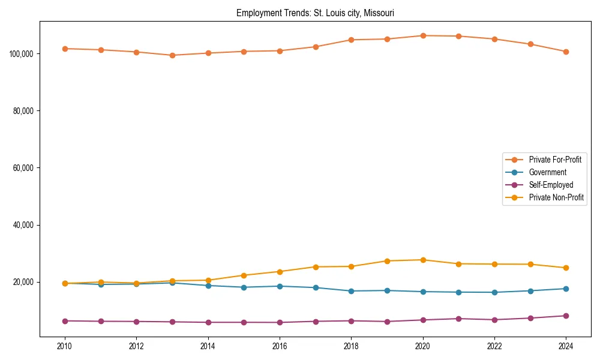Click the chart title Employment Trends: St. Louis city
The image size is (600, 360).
pyautogui.click(x=315, y=13)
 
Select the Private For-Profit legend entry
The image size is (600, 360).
pyautogui.click(x=555, y=160)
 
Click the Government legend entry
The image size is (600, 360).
pyautogui.click(x=547, y=172)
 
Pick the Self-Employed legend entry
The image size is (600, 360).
pyautogui.click(x=551, y=185)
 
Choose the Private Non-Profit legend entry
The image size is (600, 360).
pyautogui.click(x=556, y=197)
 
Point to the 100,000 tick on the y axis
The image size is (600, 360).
pyautogui.click(x=22, y=54)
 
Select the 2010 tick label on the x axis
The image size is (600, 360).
pyautogui.click(x=65, y=346)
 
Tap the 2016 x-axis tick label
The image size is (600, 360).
pyautogui.click(x=280, y=346)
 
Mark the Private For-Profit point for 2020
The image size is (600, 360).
pyautogui.click(x=423, y=35)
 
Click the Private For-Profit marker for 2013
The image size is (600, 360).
pyautogui.click(x=172, y=55)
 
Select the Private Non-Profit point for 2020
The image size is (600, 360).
pyautogui.click(x=423, y=260)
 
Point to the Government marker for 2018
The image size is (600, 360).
pyautogui.click(x=351, y=291)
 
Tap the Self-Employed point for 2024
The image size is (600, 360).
pyautogui.click(x=566, y=316)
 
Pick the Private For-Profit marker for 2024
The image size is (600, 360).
pyautogui.click(x=566, y=52)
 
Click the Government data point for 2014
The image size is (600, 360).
pyautogui.click(x=208, y=286)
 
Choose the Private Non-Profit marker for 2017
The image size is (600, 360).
pyautogui.click(x=316, y=267)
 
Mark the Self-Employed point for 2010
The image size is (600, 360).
pyautogui.click(x=65, y=321)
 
